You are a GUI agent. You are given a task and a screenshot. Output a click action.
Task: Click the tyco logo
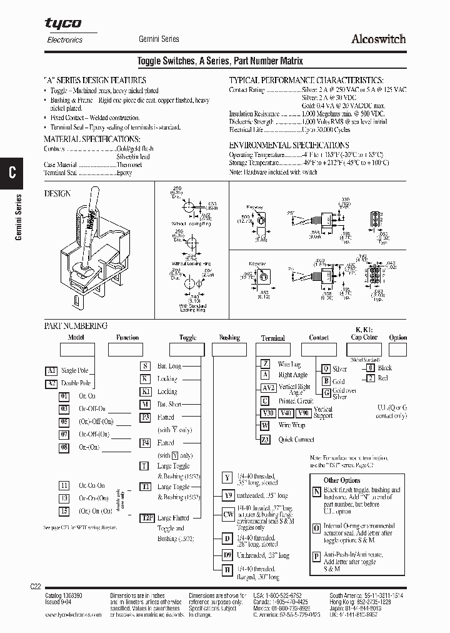[x=62, y=23]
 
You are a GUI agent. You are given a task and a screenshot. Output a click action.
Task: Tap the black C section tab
[x=12, y=173]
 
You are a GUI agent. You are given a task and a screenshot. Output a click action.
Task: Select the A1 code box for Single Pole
[x=52, y=370]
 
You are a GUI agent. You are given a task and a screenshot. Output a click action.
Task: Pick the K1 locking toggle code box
[x=145, y=392]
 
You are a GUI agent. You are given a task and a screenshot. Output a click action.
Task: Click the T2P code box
[x=146, y=518]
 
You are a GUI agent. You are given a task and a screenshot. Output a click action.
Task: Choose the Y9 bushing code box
[x=228, y=495]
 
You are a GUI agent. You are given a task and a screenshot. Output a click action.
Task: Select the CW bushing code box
[x=228, y=514]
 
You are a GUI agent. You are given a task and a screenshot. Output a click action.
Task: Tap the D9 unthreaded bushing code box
[x=228, y=555]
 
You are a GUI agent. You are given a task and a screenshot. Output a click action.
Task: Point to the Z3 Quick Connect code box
[x=265, y=440]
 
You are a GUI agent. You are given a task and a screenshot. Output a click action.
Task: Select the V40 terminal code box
[x=285, y=413]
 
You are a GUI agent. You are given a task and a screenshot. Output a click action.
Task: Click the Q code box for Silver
[x=326, y=369]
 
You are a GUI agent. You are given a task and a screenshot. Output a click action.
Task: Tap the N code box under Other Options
[x=316, y=492]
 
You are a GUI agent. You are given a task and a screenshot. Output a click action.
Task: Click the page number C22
[x=36, y=586]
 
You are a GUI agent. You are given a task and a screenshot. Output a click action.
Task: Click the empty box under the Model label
[x=77, y=349]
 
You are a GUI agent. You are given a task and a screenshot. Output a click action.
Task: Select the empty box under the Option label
[x=397, y=349]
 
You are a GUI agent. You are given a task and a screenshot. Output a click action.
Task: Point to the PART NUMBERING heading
[x=76, y=326]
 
